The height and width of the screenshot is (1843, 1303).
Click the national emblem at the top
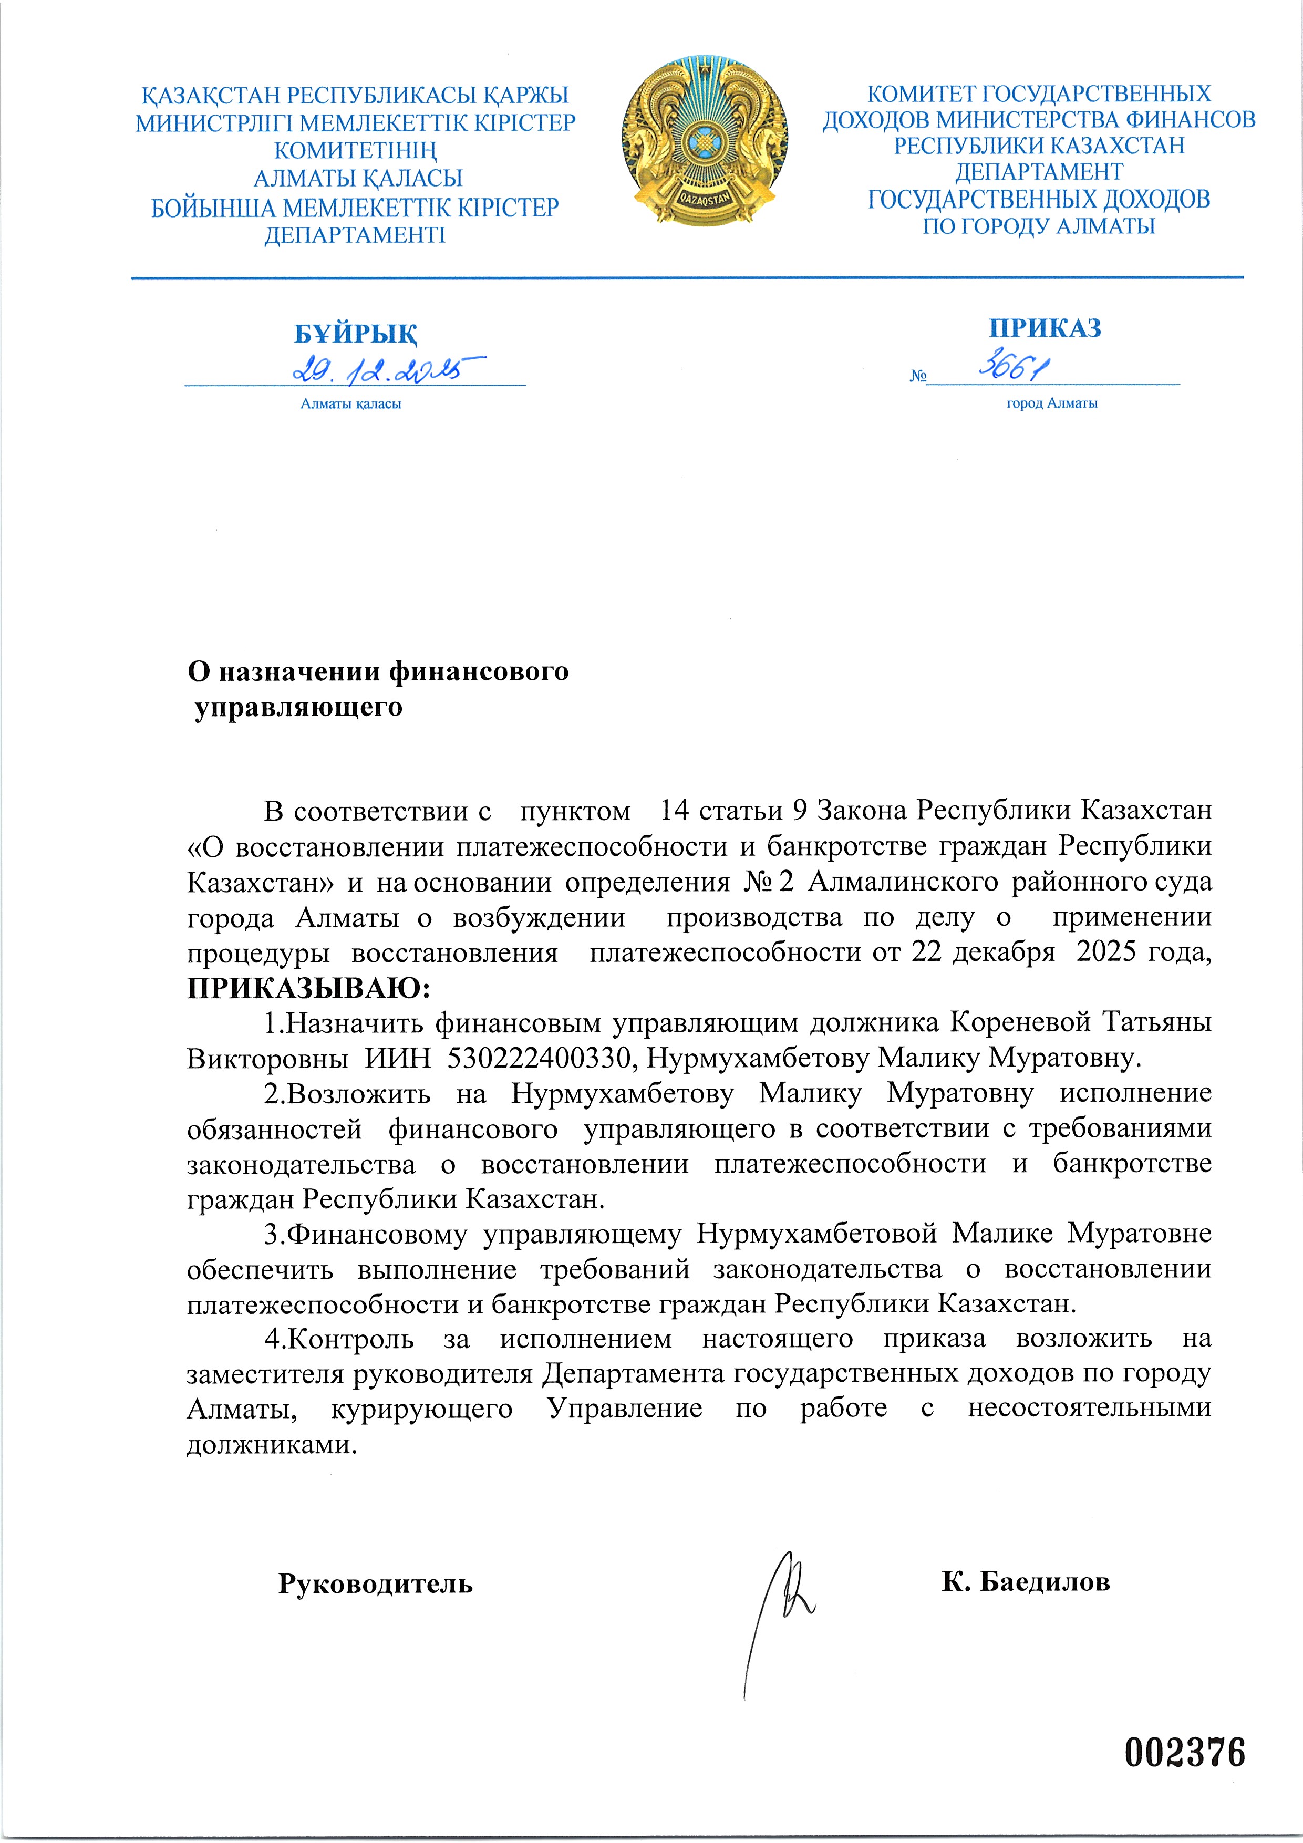[704, 141]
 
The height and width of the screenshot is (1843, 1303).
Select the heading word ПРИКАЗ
[1045, 327]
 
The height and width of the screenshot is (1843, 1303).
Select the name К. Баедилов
[1025, 1581]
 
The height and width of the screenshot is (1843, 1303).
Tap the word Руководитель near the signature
[375, 1583]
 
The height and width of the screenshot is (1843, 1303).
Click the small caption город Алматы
[1052, 403]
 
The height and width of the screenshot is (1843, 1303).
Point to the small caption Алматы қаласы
[351, 404]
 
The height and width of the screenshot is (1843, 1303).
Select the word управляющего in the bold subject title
[298, 707]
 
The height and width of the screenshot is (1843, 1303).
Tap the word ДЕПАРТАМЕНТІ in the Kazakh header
[355, 235]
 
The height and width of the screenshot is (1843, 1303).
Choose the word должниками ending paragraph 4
[271, 1445]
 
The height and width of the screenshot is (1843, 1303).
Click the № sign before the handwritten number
[918, 376]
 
